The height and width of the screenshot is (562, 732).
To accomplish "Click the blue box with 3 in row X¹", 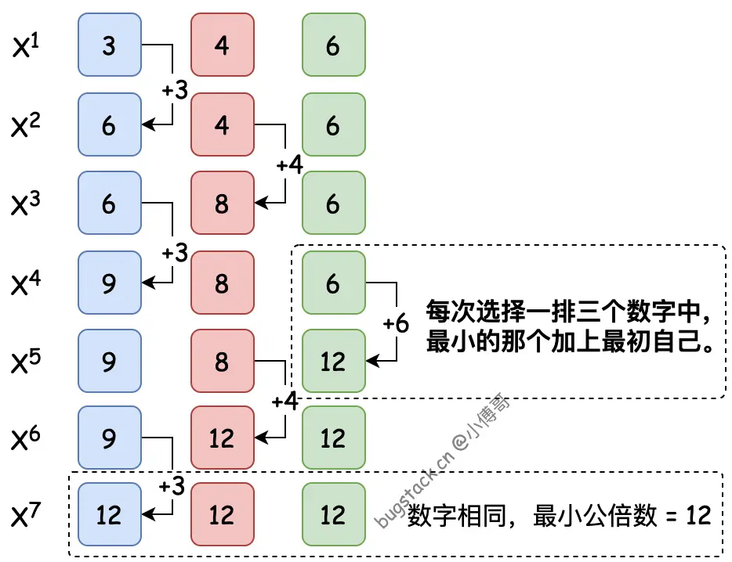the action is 110,45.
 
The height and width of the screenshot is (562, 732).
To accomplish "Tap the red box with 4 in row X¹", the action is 223,45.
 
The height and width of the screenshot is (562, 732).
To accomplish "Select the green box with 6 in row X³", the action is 334,203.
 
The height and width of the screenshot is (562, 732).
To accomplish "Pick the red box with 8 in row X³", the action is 223,203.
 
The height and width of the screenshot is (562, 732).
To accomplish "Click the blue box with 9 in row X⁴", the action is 110,283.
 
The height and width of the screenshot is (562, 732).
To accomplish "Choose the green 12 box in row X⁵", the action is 334,361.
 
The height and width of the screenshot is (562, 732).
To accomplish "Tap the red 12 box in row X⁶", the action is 223,438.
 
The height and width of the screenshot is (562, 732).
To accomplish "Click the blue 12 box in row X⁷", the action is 110,514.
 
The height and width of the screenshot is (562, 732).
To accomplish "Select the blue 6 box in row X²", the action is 110,124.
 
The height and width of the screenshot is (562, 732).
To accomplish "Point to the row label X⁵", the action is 26,362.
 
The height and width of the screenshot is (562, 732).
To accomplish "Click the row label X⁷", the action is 26,514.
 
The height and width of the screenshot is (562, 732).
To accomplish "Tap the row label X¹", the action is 26,45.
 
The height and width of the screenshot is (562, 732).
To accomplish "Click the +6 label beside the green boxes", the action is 396,322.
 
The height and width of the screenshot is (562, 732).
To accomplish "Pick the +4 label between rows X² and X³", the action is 289,164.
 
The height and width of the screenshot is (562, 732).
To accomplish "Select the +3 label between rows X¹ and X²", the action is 175,89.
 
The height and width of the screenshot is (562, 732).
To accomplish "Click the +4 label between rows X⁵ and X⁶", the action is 284,401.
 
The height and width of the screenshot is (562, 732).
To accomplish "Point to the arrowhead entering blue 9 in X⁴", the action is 148,283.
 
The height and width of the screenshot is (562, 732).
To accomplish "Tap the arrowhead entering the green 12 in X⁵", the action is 372,361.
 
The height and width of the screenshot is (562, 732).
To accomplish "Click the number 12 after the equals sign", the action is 698,515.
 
